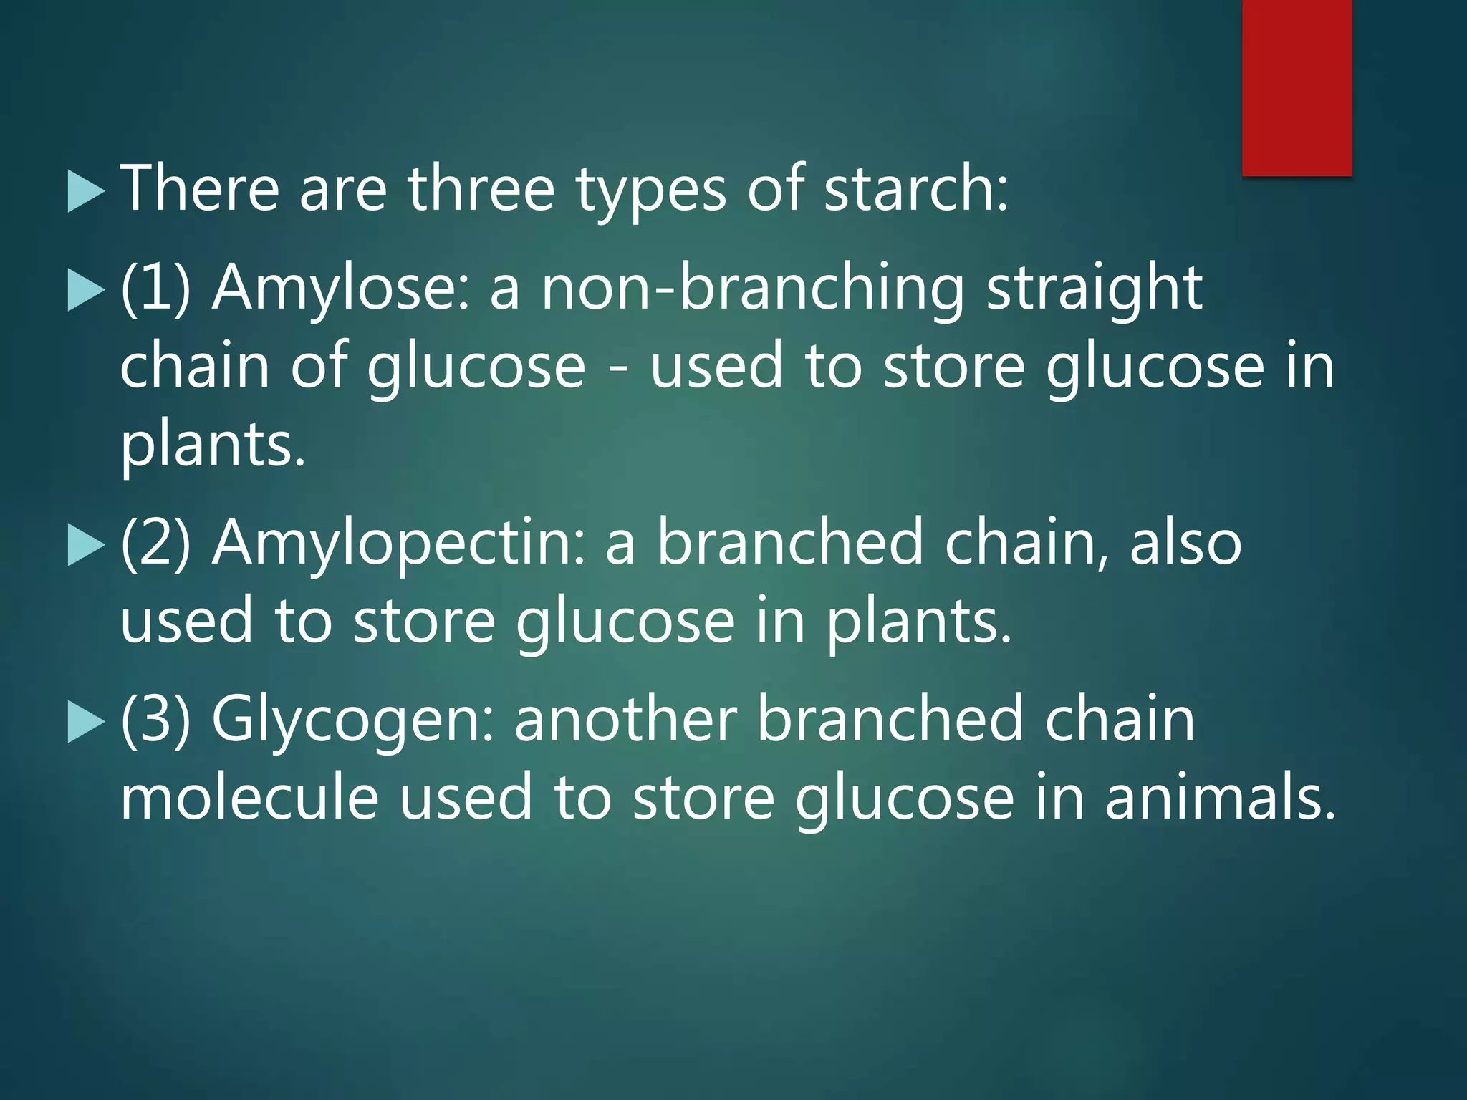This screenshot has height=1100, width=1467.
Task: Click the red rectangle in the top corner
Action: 1297,87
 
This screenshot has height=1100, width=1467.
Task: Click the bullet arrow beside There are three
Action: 86,192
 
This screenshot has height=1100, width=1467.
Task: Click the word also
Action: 1185,543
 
